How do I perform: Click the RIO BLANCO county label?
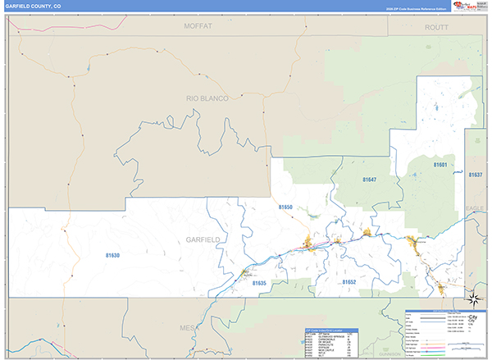coord(207,98)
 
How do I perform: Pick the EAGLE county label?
coord(475,207)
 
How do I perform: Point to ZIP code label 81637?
coord(476,175)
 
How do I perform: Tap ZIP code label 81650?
coord(285,208)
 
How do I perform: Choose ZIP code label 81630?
coord(112,256)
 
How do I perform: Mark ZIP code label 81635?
coord(260,284)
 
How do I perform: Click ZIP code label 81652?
coord(349,281)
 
